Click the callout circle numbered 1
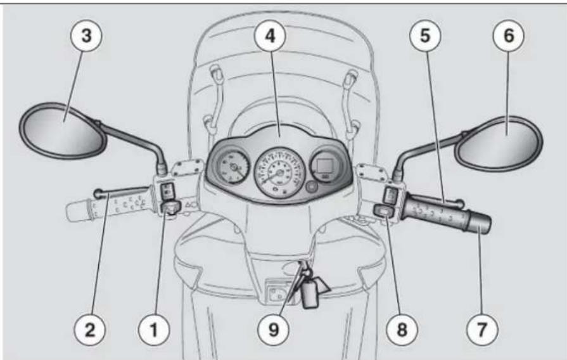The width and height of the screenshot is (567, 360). (x=154, y=330)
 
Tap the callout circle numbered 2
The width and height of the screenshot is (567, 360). (x=90, y=330)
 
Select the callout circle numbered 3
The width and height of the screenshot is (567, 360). (x=86, y=36)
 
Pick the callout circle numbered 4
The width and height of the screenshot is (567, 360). (x=270, y=36)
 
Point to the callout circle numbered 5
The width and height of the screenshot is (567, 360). (x=425, y=36)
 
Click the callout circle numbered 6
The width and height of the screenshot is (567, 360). (x=509, y=36)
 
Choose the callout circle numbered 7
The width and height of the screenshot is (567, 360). (x=482, y=330)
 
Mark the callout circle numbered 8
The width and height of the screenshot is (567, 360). (x=402, y=330)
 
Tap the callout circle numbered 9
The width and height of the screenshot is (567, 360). (x=274, y=330)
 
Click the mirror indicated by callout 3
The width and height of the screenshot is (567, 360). (x=62, y=131)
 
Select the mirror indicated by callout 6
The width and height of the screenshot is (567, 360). (x=499, y=143)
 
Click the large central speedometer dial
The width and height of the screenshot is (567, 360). (x=279, y=172)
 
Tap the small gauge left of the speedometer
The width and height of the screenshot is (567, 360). (x=233, y=167)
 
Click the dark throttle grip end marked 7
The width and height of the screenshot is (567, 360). (x=478, y=221)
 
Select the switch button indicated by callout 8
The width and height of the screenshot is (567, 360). (x=385, y=210)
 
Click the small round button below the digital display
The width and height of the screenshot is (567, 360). (x=311, y=188)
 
